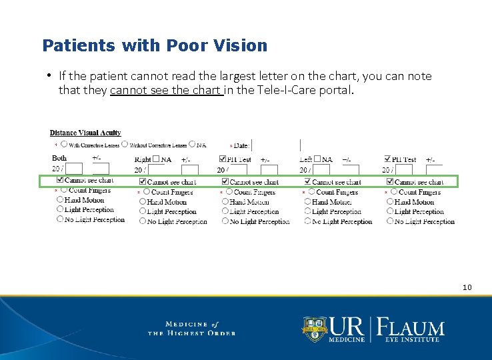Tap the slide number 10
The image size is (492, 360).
pyautogui.click(x=467, y=287)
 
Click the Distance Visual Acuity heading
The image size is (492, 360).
pyautogui.click(x=85, y=133)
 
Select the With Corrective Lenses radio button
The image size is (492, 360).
pyautogui.click(x=64, y=144)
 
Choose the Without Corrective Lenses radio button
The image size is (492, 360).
pyautogui.click(x=125, y=144)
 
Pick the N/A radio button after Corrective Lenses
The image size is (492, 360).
pyautogui.click(x=192, y=144)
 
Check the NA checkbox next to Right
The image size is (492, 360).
pyautogui.click(x=156, y=159)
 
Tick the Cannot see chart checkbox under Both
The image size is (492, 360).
pyautogui.click(x=61, y=180)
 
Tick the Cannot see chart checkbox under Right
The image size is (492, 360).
pyautogui.click(x=143, y=181)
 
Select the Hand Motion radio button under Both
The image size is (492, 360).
pyautogui.click(x=61, y=199)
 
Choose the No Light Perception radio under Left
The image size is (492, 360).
pyautogui.click(x=307, y=221)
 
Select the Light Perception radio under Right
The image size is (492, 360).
pyautogui.click(x=143, y=211)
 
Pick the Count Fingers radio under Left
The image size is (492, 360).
pyautogui.click(x=311, y=192)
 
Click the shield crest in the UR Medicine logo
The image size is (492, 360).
pyautogui.click(x=315, y=328)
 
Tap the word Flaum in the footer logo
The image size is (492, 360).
pyautogui.click(x=411, y=328)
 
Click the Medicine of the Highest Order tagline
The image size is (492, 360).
pyautogui.click(x=191, y=329)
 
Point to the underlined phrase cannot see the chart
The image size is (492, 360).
pyautogui.click(x=167, y=90)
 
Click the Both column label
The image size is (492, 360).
pyautogui.click(x=59, y=158)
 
